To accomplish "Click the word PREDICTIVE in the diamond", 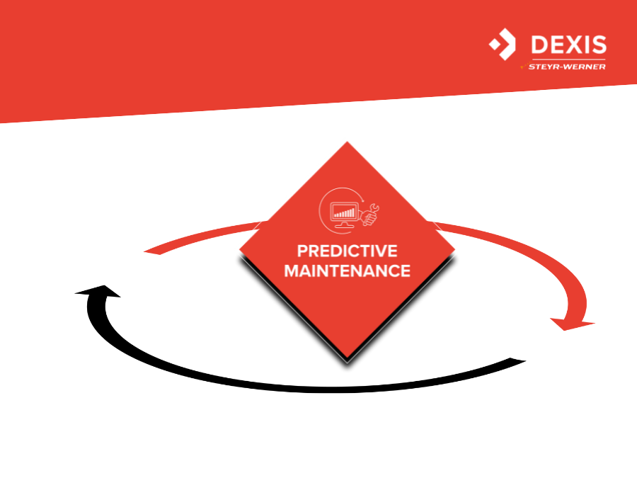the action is (348, 251).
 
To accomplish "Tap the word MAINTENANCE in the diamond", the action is (348, 271).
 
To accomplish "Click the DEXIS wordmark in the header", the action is (569, 45).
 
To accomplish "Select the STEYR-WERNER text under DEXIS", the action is (567, 67).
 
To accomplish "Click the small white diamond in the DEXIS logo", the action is (495, 44).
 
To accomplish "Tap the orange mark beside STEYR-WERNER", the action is (524, 66).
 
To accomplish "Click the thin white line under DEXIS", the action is (568, 59).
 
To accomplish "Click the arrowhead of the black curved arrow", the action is (98, 292).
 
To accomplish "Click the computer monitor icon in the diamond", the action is (344, 214).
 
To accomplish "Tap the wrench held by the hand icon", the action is (372, 210).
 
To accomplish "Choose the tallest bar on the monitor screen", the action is (353, 212).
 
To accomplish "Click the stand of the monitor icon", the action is (344, 224).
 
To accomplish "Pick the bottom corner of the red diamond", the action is (348, 358).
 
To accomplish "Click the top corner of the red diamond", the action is (348, 142).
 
